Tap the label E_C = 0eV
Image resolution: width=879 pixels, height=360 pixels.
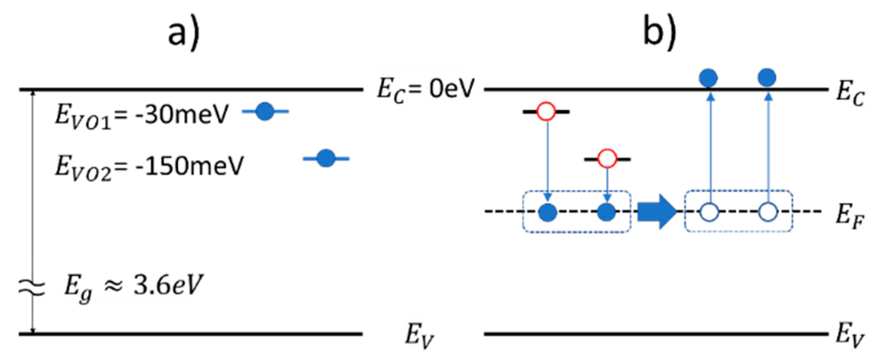pos(425,89)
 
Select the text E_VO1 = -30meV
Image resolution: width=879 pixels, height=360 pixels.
pos(142,115)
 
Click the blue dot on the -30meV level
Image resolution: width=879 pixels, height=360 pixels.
pos(265,112)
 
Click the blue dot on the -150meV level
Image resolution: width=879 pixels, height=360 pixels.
pos(326,158)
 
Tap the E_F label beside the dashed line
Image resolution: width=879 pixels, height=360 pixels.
pos(849,216)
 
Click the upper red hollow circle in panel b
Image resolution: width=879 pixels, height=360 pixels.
pos(546,112)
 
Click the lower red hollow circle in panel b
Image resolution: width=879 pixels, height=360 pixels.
pos(607,159)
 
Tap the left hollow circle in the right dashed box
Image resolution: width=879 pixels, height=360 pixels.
pos(709,212)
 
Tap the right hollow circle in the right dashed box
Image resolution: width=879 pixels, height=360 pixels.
pos(768,212)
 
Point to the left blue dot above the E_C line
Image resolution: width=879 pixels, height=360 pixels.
pos(708,78)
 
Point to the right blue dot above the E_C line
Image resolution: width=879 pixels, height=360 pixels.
pos(767,78)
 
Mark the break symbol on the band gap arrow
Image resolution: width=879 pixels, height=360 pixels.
pos(32,287)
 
